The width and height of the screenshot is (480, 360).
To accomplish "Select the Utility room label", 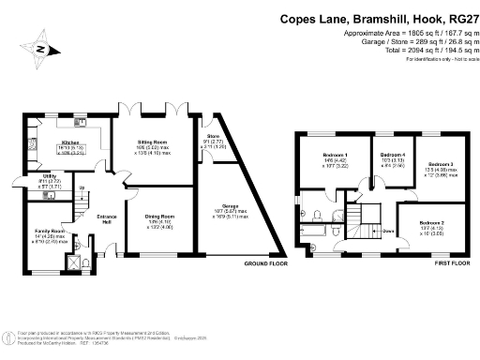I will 48,179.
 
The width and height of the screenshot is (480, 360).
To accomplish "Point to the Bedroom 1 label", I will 335,155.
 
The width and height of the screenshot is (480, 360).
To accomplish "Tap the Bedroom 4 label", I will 387,155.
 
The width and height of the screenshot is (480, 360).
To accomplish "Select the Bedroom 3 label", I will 441,165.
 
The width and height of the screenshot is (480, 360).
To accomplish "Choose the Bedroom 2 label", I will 434,222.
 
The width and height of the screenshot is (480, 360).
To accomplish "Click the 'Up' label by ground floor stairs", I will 82,190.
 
